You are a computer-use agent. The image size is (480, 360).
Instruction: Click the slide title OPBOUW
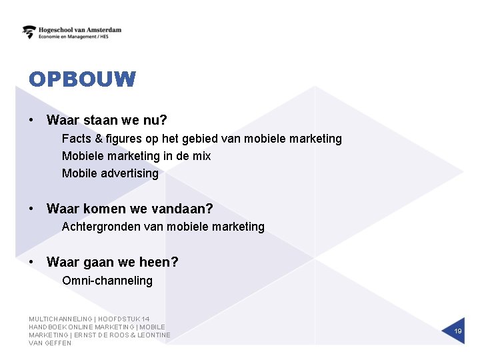pyautogui.click(x=82, y=80)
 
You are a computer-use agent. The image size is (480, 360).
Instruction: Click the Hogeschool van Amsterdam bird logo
pyautogui.click(x=29, y=32)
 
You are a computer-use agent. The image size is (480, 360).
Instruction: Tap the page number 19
pyautogui.click(x=458, y=331)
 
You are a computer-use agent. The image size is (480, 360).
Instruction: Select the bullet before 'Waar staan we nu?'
pyautogui.click(x=31, y=121)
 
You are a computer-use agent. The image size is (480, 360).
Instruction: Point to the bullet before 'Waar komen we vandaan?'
pyautogui.click(x=31, y=209)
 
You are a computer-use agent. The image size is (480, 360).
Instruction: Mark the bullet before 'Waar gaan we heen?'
pyautogui.click(x=31, y=263)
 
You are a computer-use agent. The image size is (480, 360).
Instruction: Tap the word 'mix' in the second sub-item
pyautogui.click(x=201, y=156)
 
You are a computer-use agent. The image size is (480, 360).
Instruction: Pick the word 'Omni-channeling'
pyautogui.click(x=107, y=281)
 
